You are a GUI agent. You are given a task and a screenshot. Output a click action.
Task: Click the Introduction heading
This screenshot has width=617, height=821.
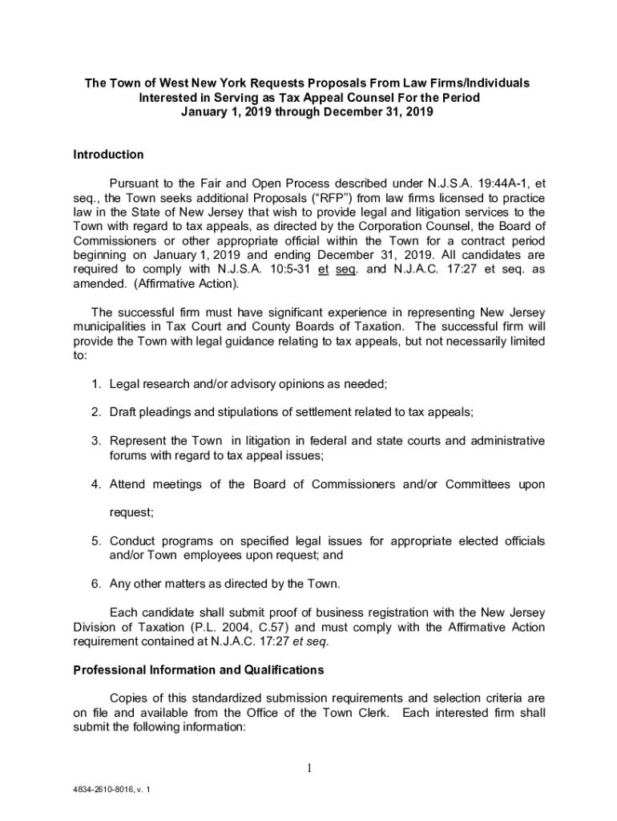click(108, 155)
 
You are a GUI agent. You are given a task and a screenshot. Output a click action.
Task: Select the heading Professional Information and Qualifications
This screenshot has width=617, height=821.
click(199, 669)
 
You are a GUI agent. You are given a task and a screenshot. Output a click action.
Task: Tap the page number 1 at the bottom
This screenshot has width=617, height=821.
click(308, 769)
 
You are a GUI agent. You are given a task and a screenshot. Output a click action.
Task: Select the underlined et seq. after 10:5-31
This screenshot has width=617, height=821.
click(337, 269)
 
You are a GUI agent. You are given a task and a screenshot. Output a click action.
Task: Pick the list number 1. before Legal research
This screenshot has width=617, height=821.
click(95, 384)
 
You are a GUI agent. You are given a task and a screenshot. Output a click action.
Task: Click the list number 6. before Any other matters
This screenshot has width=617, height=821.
click(95, 583)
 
